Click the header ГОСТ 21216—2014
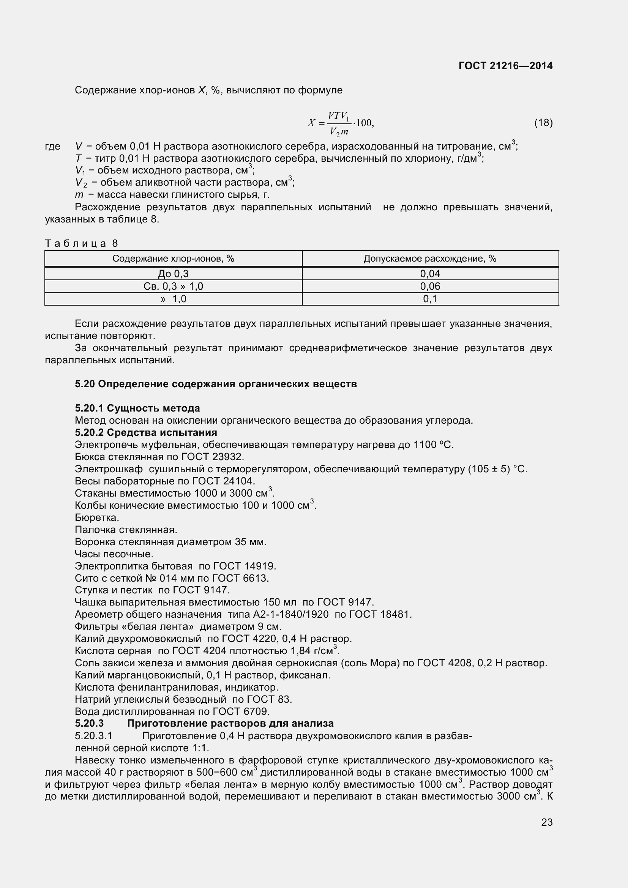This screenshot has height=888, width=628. coord(505,66)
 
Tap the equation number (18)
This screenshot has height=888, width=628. coord(543,123)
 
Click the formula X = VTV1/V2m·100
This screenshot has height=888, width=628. coord(341,123)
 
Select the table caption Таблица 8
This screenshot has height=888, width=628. coord(81,243)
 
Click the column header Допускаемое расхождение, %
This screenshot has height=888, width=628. coord(430,259)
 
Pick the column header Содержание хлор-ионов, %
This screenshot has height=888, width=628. coord(173,259)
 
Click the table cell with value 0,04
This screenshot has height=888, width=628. coord(430,274)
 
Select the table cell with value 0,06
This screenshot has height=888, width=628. coord(430,286)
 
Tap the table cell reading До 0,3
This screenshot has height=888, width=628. coord(173,274)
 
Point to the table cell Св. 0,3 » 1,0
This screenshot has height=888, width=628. coord(173,286)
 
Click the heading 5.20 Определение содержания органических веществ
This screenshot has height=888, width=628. coord(216,384)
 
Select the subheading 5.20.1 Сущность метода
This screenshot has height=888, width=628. coord(137,409)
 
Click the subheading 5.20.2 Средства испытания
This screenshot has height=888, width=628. coord(146,432)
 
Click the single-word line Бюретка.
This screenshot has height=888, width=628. coord(97,517)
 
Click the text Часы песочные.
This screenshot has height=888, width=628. coord(114,554)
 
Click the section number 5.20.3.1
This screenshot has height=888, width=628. coord(93,736)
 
